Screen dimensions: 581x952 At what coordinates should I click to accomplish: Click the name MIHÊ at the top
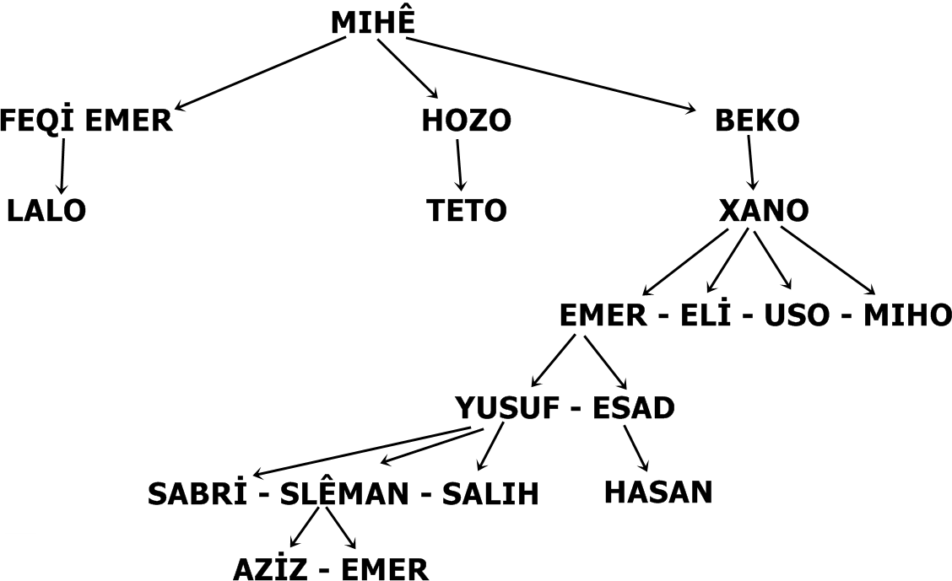click(x=372, y=23)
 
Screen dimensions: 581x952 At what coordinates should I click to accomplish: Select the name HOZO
click(x=466, y=121)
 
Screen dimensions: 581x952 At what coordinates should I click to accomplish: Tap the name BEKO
click(x=757, y=121)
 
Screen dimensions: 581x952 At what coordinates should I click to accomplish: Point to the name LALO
click(x=46, y=211)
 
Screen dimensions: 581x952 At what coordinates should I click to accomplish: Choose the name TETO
click(x=466, y=211)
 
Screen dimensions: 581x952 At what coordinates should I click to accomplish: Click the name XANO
click(x=764, y=211)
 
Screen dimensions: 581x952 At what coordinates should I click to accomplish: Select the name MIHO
click(x=907, y=315)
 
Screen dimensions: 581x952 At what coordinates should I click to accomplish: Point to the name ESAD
click(x=634, y=408)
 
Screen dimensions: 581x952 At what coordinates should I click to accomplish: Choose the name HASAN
click(x=658, y=492)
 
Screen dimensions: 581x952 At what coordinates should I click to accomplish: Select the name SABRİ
click(x=197, y=493)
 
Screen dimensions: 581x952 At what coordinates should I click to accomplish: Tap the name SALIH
click(x=490, y=494)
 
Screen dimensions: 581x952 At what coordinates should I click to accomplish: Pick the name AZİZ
click(x=268, y=570)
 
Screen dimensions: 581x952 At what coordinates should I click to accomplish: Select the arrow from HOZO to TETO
click(x=459, y=164)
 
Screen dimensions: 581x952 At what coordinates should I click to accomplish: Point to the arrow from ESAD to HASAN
click(x=636, y=449)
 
